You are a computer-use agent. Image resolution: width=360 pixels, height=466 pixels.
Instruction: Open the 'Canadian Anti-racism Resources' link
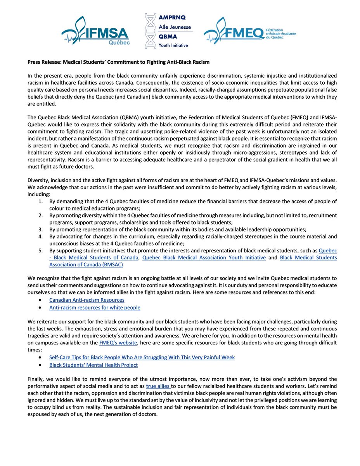coord(87,300)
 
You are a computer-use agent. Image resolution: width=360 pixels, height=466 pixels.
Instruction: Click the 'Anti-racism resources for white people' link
coord(95,308)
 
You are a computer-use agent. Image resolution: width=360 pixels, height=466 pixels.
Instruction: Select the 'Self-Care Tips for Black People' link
coord(142,357)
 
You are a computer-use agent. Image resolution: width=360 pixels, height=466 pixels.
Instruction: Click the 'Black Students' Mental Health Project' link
coord(93,365)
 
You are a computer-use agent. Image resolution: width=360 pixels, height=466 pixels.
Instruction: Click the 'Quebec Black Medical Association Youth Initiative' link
coord(204,257)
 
